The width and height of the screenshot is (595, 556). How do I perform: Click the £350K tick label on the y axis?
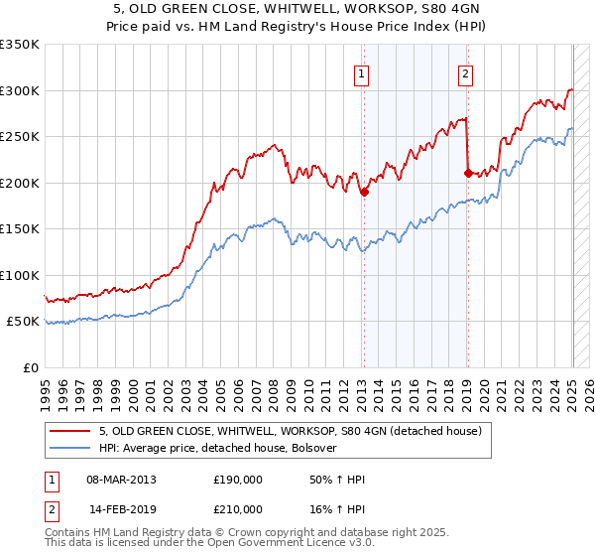20,45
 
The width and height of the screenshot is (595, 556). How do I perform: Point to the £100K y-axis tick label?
20,275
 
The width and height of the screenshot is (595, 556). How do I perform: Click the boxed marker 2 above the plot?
465,72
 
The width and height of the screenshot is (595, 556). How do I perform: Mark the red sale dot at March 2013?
364,193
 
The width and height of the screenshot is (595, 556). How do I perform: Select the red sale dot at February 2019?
467,173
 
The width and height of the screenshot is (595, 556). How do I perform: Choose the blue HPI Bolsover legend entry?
218,448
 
